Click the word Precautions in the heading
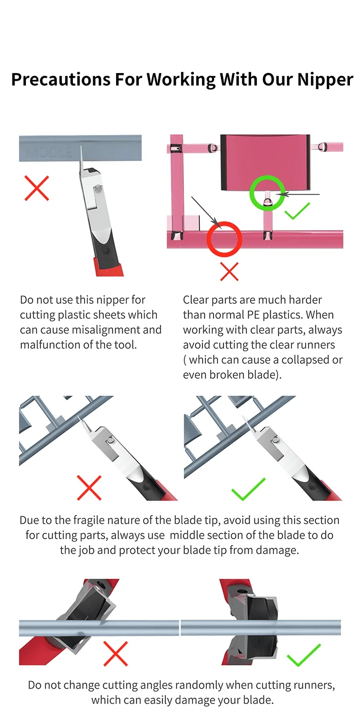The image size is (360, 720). coord(61,79)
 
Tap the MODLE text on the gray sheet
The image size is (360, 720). coord(49,152)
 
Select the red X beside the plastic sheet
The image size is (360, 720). coord(37,188)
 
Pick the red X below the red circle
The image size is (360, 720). coord(229,272)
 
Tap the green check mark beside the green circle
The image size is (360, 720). coord(297,211)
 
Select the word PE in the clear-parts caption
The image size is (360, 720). coord(253,315)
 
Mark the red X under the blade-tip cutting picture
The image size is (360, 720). coord(89,488)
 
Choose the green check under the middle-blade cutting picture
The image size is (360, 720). coord(248,490)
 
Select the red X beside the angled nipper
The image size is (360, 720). coord(116,653)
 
